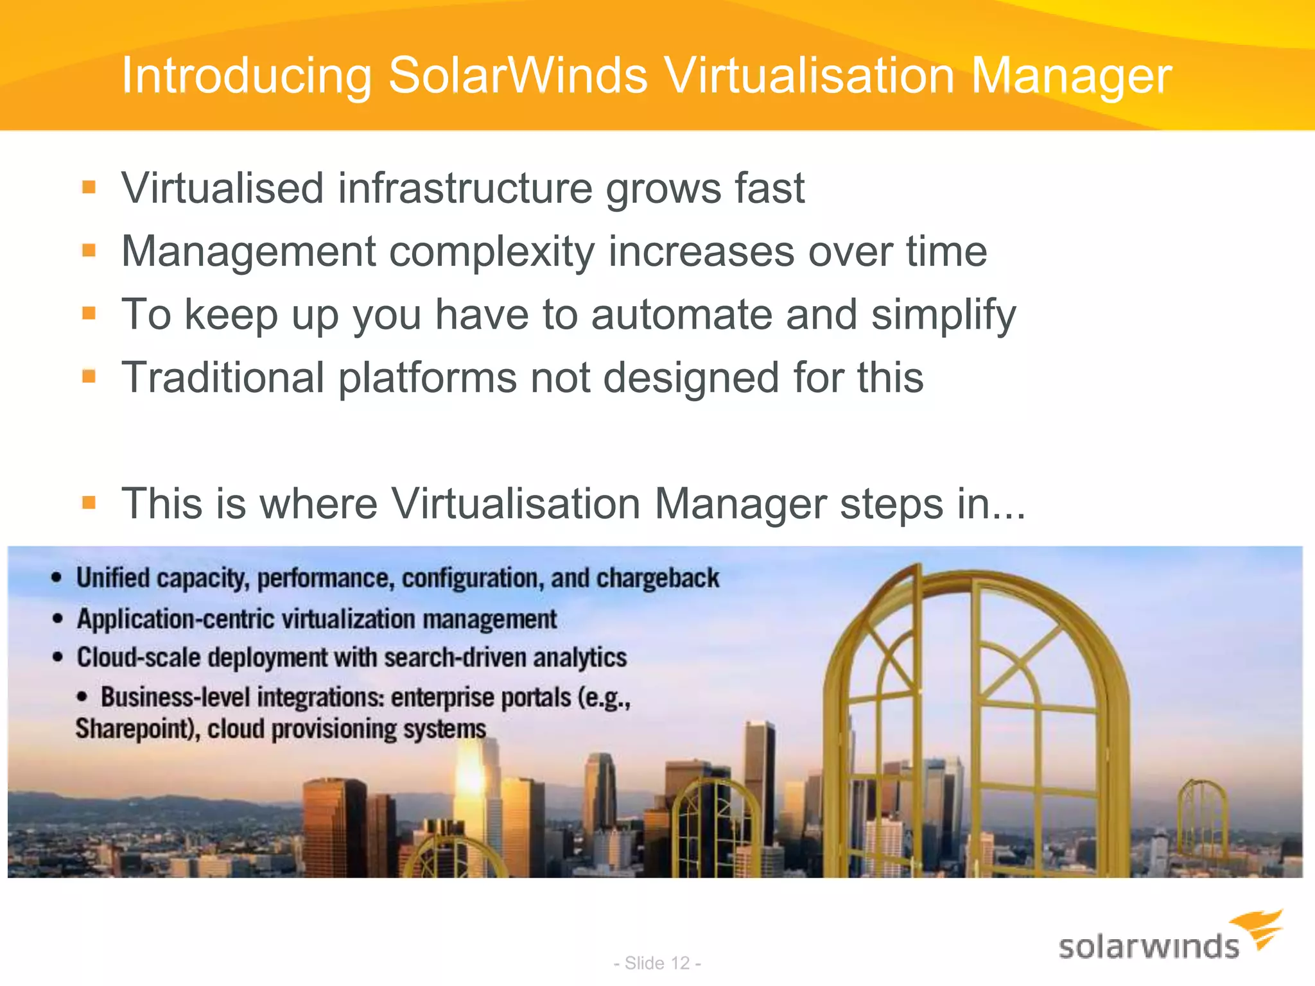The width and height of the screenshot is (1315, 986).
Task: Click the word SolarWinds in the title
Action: (x=518, y=76)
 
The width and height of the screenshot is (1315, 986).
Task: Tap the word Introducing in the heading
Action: (x=247, y=76)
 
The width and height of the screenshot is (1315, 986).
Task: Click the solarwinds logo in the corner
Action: (x=1169, y=938)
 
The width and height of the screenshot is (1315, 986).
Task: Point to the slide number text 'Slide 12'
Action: (x=657, y=963)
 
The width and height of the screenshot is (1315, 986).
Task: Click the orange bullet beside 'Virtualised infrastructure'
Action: (x=89, y=187)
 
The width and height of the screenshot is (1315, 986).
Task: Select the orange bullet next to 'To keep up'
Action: (x=89, y=314)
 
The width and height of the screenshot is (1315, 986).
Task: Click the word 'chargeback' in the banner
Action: (x=657, y=578)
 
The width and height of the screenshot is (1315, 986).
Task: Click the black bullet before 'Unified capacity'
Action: (x=57, y=578)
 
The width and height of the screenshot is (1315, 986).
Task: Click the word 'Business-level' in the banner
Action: (x=175, y=697)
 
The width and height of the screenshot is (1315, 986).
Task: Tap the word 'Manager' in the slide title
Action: (x=1071, y=76)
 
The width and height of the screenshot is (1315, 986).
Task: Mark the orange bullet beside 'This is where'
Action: (x=89, y=503)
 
